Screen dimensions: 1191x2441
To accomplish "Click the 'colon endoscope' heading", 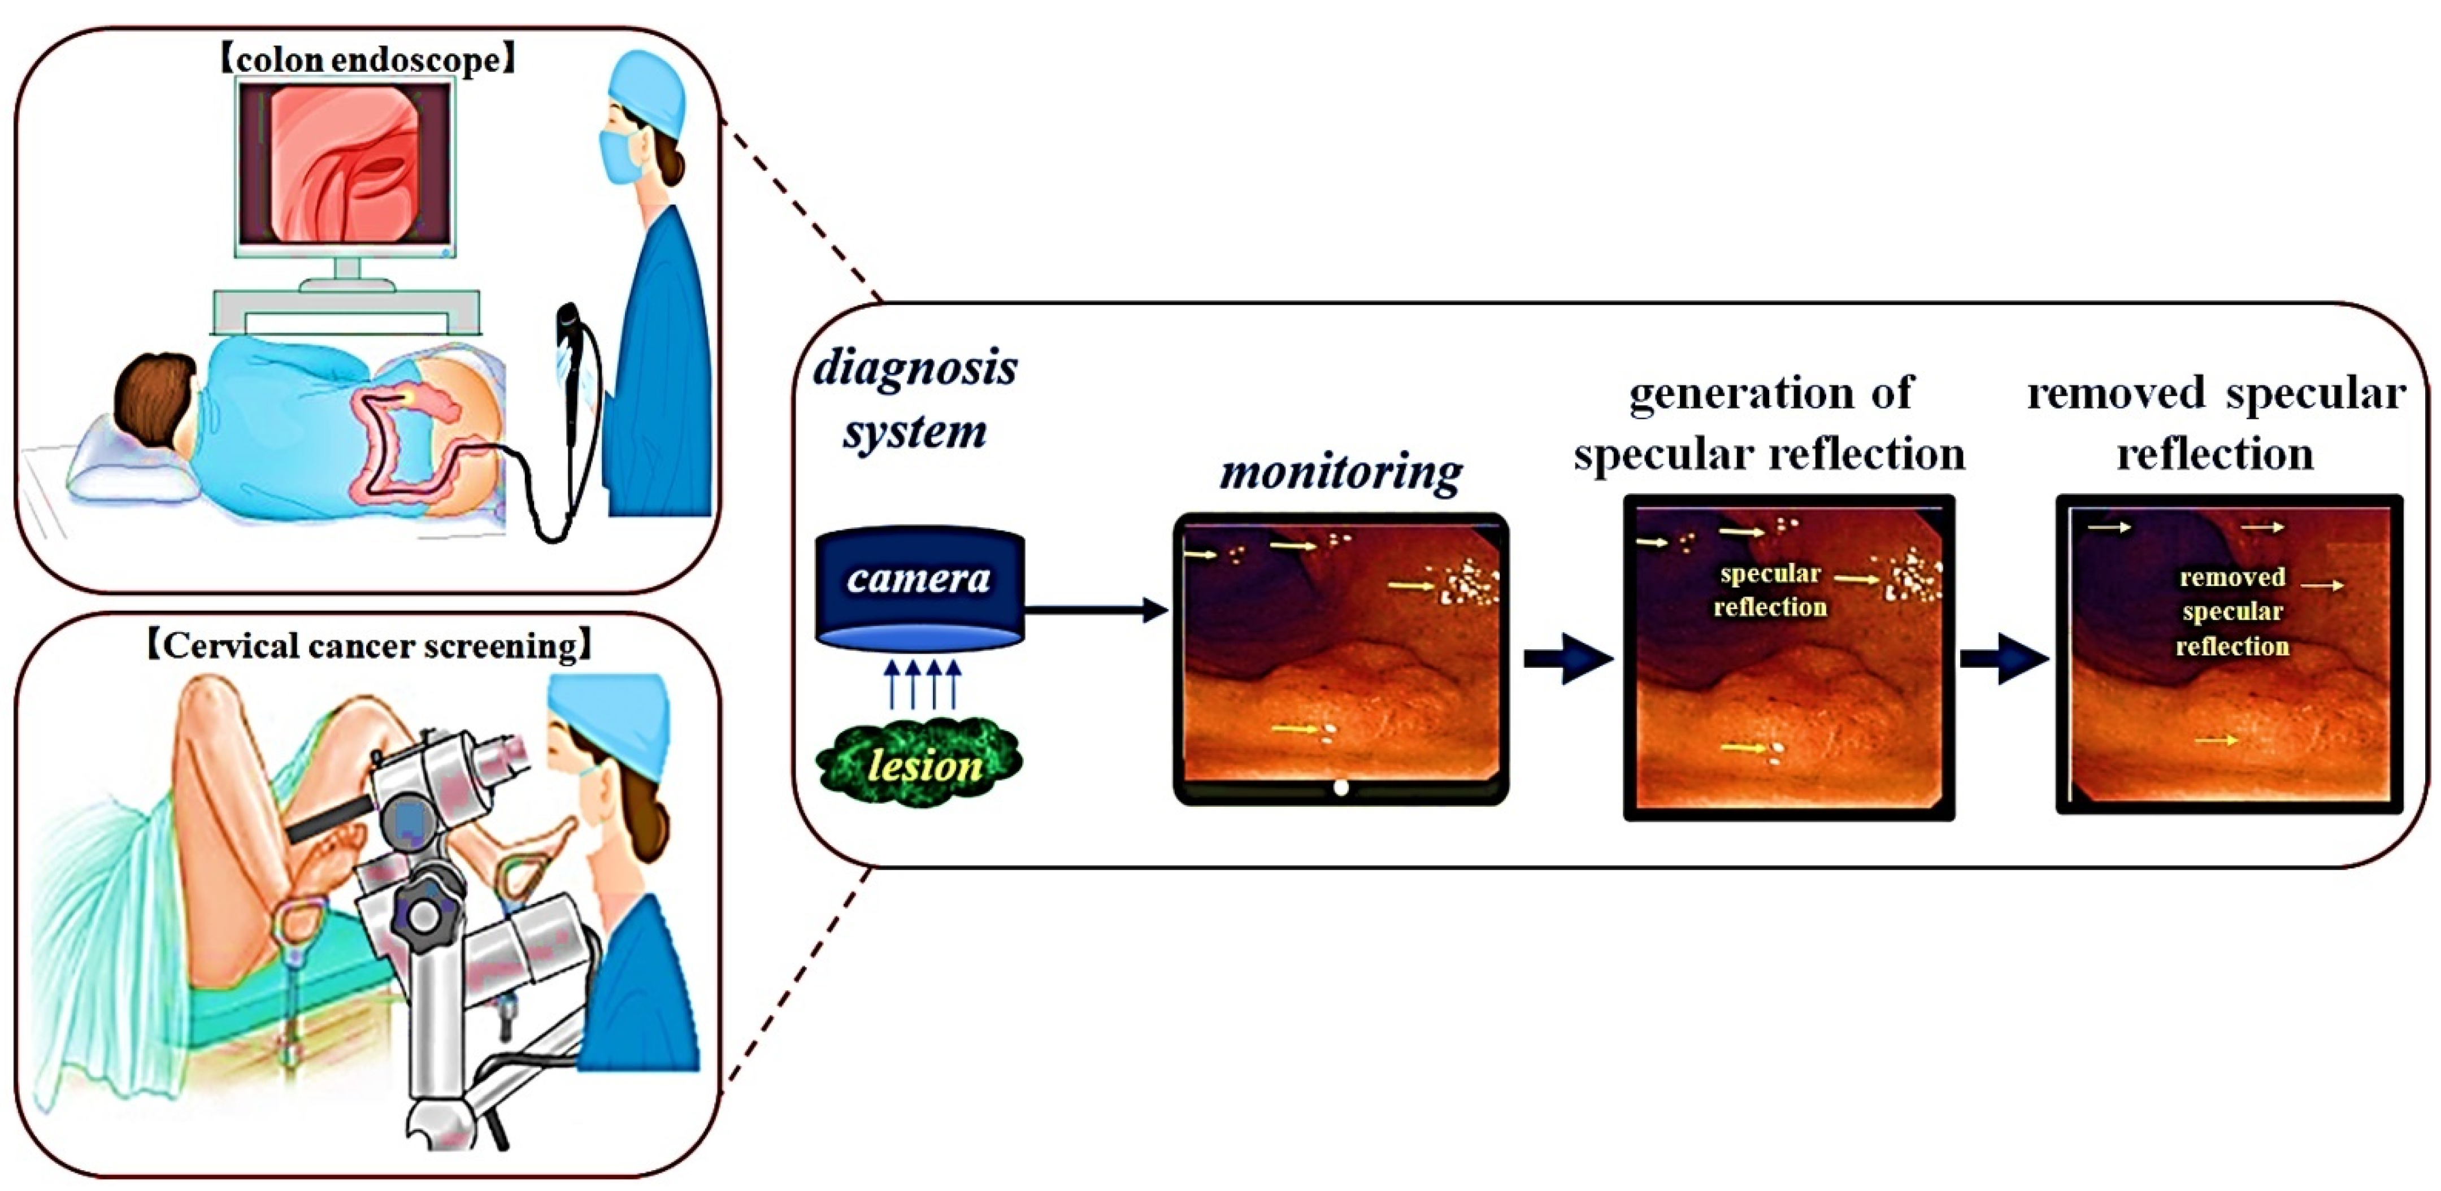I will [368, 60].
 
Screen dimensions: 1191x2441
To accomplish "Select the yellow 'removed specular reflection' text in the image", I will [2231, 612].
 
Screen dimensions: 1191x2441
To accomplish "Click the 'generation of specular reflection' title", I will [1769, 424].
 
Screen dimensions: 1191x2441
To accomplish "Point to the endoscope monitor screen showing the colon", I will [346, 163].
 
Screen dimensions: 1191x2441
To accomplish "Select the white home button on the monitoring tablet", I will [1340, 788].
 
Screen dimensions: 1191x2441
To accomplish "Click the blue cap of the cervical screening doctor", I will [609, 715].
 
